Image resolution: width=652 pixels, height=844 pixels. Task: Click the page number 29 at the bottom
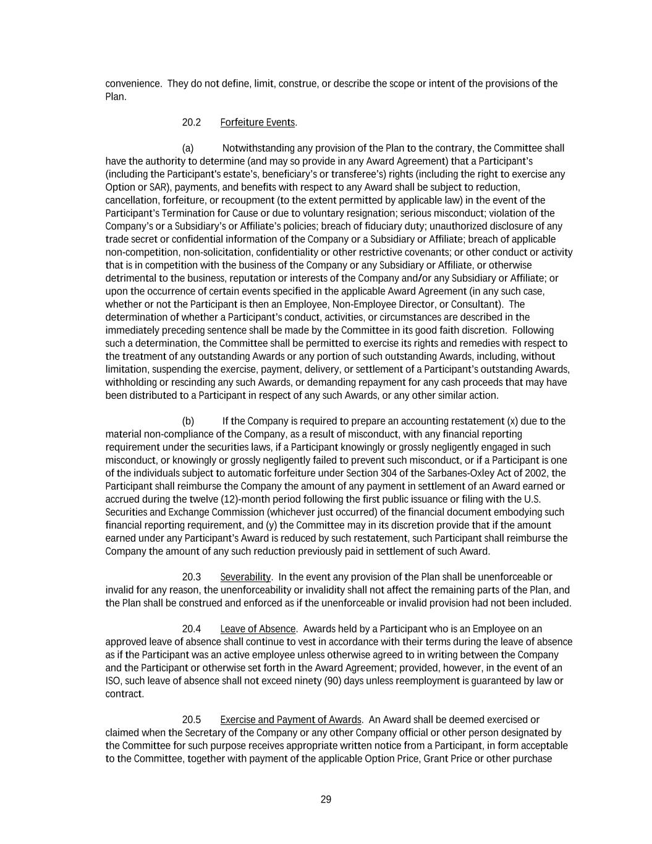[x=326, y=799]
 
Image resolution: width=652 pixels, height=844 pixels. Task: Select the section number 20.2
[x=191, y=122]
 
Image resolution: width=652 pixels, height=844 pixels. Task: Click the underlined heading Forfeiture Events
[x=258, y=122]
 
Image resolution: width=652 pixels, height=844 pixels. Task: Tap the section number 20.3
[x=191, y=577]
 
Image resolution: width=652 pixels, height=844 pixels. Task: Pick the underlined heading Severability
[x=245, y=577]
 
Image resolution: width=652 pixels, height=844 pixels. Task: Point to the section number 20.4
[x=191, y=629]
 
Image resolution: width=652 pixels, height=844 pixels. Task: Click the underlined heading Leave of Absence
[x=258, y=629]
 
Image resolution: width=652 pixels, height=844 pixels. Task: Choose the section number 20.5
[x=191, y=720]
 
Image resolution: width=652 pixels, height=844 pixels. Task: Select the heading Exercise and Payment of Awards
[x=290, y=720]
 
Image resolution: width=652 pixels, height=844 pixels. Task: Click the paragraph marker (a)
[x=188, y=148]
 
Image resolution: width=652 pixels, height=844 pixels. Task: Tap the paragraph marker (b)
[x=188, y=421]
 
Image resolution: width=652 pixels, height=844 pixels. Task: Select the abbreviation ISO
[x=113, y=681]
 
